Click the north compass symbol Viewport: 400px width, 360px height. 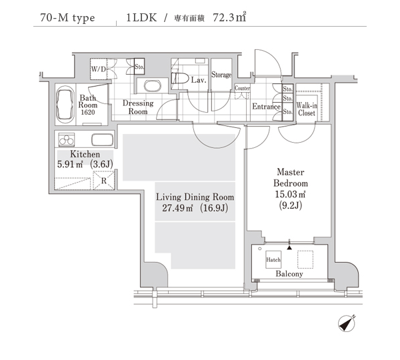click(347, 324)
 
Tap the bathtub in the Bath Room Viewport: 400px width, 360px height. click(65, 105)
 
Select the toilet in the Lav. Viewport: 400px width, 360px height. click(180, 78)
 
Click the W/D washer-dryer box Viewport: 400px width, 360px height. click(99, 69)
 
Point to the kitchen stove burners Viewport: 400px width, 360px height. click(67, 139)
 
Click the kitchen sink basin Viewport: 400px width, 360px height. click(102, 140)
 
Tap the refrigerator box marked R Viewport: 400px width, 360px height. click(103, 180)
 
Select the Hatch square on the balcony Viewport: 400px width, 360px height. click(273, 259)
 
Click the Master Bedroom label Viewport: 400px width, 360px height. click(291, 177)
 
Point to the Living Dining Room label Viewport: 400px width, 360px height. click(195, 197)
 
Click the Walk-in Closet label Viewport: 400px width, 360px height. click(307, 109)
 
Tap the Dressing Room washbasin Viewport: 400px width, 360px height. click(153, 86)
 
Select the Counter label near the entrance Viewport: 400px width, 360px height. click(242, 88)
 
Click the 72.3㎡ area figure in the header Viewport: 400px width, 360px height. click(229, 17)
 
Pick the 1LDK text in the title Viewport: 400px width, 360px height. click(141, 17)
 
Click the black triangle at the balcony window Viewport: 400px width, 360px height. click(289, 247)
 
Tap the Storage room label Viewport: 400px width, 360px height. click(221, 75)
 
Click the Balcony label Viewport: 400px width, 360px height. click(289, 274)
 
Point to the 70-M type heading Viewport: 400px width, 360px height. click(67, 18)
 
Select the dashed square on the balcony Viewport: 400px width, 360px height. click(305, 259)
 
